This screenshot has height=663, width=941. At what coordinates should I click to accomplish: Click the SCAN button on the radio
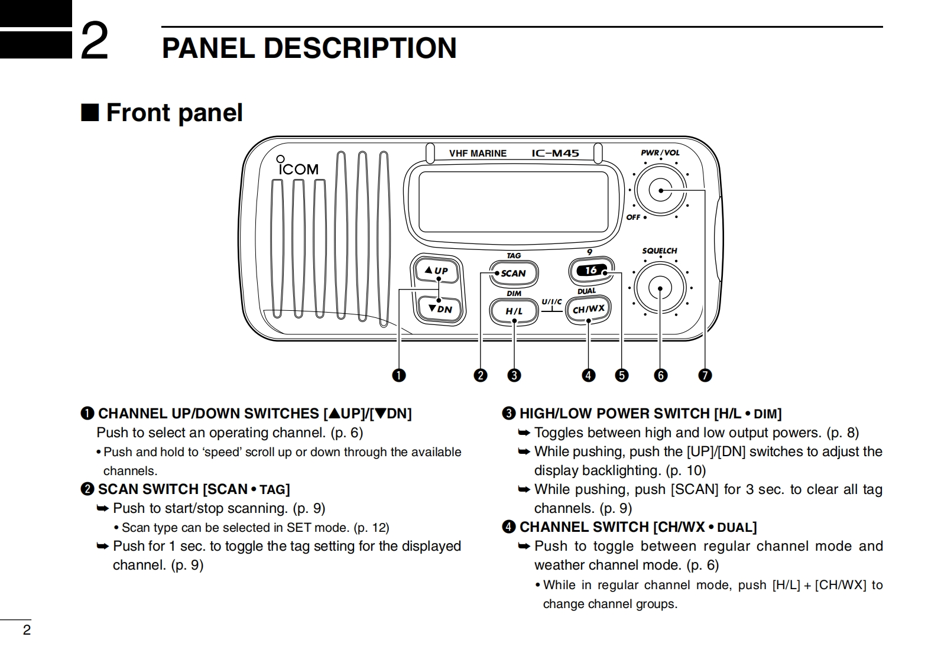click(x=513, y=273)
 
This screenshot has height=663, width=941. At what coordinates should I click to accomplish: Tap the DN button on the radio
click(x=440, y=308)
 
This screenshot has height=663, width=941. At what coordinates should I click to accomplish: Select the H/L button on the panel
click(x=514, y=311)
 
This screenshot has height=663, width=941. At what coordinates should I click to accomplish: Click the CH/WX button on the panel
click(x=588, y=308)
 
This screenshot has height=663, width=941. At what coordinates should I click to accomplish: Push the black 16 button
click(x=591, y=270)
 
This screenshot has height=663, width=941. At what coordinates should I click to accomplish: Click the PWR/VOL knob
click(x=660, y=190)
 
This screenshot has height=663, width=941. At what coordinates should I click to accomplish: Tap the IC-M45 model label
click(x=555, y=153)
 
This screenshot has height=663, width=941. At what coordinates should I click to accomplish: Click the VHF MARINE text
click(x=478, y=154)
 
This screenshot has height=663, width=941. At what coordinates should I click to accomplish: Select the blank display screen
click(x=513, y=202)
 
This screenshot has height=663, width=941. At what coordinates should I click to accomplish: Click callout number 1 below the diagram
click(x=400, y=375)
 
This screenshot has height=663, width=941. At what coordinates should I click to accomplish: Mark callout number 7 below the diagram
click(x=705, y=375)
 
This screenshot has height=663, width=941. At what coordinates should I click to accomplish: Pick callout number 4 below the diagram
click(x=588, y=375)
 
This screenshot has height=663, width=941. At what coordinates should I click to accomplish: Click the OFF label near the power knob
click(x=633, y=217)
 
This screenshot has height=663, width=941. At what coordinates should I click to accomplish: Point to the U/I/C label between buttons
click(x=551, y=302)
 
